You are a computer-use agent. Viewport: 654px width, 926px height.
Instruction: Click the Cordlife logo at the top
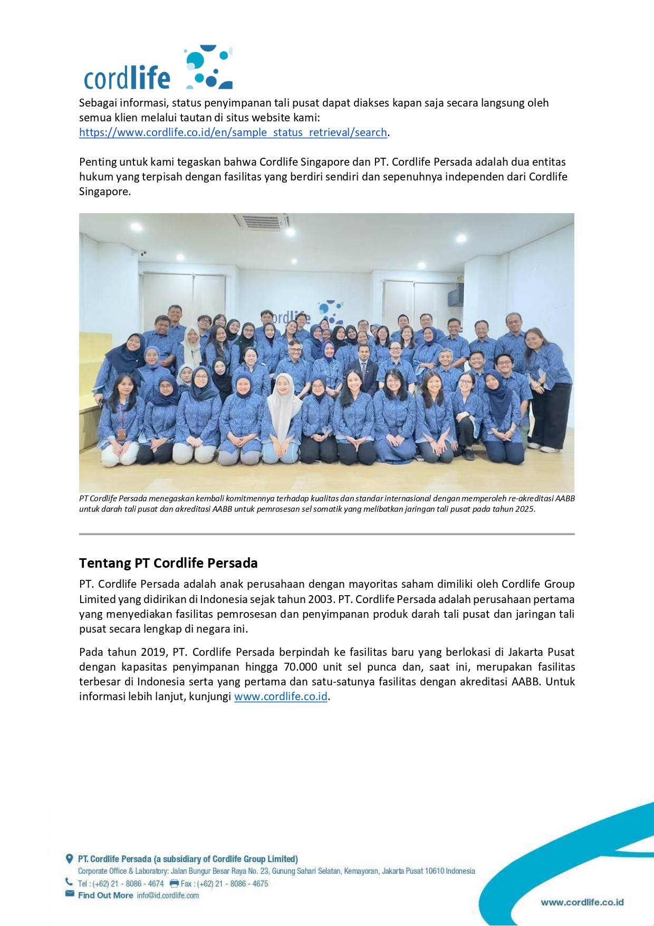[158, 69]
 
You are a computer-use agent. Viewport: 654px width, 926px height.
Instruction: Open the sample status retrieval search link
[233, 132]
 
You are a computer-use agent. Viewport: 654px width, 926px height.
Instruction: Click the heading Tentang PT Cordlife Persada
[168, 563]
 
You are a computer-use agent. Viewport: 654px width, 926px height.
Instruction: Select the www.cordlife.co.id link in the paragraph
[281, 696]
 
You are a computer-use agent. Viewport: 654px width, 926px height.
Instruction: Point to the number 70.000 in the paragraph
[300, 667]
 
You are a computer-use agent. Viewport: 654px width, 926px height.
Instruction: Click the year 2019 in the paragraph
[153, 652]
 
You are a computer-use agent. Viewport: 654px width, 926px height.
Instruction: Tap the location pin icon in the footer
[69, 858]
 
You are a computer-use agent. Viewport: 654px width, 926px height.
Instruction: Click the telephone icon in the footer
[69, 882]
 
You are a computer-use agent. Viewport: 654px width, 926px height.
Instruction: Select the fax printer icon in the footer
[174, 883]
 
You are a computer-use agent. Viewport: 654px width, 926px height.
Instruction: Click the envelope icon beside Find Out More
[70, 893]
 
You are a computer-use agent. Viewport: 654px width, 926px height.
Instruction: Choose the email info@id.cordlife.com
[168, 895]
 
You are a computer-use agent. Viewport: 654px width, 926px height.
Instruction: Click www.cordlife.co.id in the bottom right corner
[582, 902]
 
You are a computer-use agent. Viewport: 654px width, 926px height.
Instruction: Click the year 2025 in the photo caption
[524, 509]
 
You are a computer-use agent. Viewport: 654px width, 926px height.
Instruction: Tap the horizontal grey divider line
[326, 534]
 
